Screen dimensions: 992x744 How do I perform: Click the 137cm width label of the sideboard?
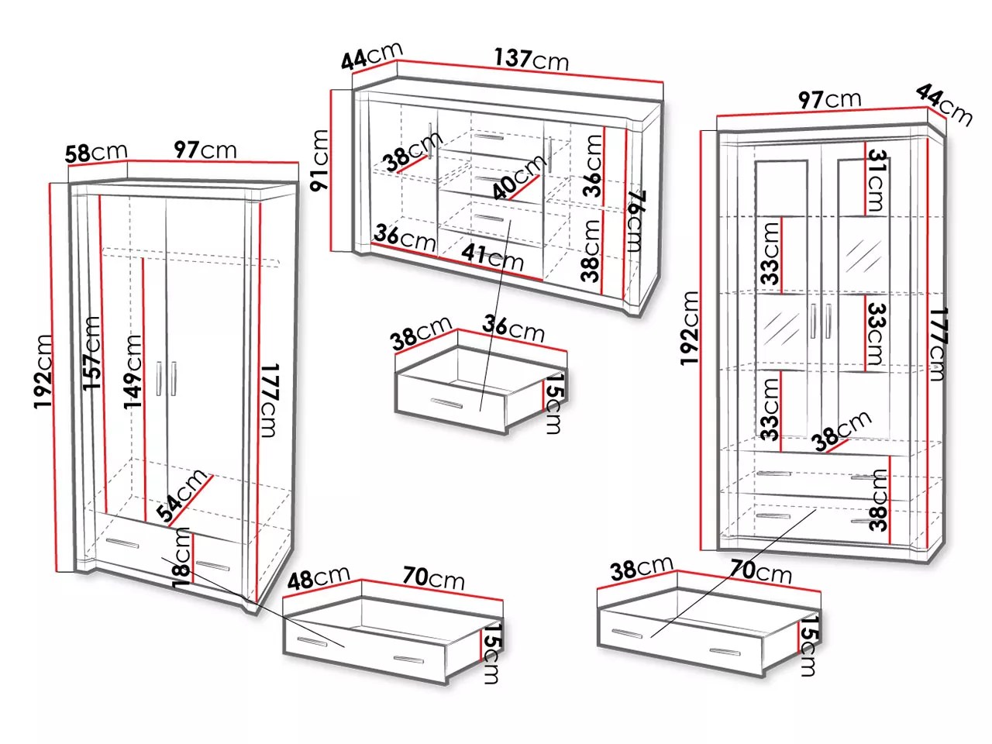[x=531, y=59]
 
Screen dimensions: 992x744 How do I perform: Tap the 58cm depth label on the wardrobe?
[x=96, y=153]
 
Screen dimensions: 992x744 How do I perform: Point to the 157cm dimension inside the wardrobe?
[x=91, y=353]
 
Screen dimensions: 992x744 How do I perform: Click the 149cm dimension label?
[x=133, y=372]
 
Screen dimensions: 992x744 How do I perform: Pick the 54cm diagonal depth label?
[x=181, y=495]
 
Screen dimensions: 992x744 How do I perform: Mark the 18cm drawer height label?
[x=182, y=558]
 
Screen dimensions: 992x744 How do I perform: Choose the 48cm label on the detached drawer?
[x=319, y=578]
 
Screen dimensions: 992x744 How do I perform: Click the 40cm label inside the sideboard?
[x=518, y=177]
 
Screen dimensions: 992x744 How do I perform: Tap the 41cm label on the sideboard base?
[x=492, y=257]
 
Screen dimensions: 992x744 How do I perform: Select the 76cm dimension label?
[x=637, y=222]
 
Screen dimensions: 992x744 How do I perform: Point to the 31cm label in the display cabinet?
[x=877, y=181]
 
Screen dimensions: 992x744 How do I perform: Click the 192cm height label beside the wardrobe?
[x=43, y=372]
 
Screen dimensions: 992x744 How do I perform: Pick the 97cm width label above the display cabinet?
[x=829, y=100]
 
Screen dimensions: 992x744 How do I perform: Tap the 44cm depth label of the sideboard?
[x=371, y=56]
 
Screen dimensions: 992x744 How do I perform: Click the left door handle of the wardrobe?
[x=158, y=378]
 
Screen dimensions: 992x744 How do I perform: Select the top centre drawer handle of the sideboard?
[x=487, y=137]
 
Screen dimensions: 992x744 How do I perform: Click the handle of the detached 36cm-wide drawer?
[x=446, y=403]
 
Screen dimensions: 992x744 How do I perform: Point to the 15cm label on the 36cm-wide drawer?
[x=555, y=404]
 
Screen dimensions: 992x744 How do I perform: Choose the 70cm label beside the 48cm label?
[x=433, y=579]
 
